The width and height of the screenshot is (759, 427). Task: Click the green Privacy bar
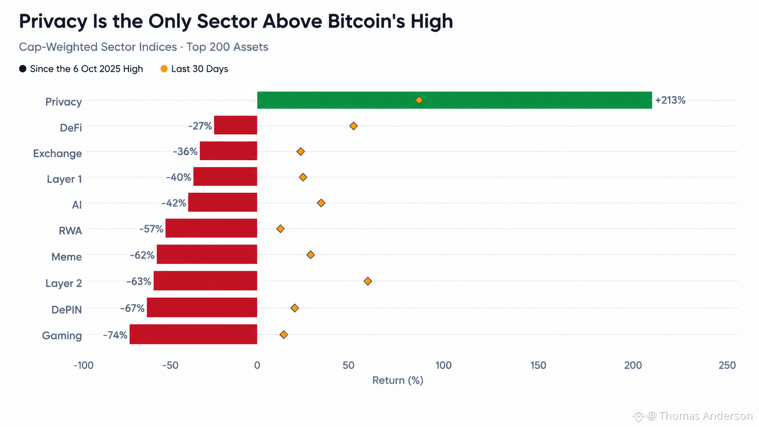454,100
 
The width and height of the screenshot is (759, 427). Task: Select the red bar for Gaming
193,334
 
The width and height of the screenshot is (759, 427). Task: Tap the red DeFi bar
236,125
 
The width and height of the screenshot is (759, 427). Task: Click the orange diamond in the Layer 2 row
368,281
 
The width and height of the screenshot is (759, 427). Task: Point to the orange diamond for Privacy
419,100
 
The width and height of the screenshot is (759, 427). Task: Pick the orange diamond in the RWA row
280,229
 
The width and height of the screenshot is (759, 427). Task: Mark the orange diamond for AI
321,203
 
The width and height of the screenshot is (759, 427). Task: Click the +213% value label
670,100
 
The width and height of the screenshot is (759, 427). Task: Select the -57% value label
151,229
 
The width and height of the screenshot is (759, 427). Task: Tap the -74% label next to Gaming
115,335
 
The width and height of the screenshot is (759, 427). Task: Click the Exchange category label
58,153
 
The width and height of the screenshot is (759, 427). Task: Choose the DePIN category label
66,309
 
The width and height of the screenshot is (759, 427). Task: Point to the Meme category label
66,257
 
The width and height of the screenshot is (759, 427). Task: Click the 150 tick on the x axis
538,365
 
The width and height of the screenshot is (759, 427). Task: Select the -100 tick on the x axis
84,365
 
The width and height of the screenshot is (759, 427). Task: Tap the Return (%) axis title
398,380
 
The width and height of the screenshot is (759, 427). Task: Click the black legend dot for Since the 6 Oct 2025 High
23,69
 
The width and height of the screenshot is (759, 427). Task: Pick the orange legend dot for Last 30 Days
164,69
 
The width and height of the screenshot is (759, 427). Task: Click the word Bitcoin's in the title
366,21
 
